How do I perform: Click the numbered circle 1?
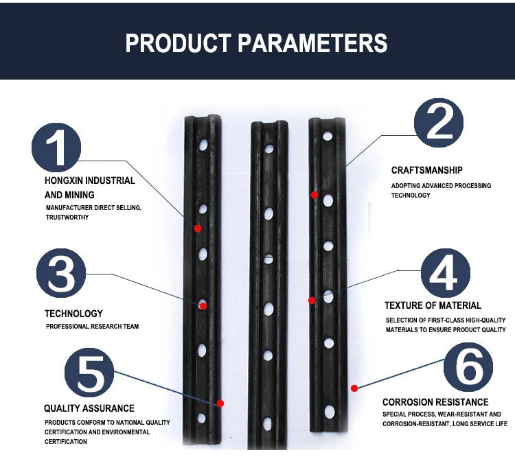point(57,148)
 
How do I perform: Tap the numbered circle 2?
point(438,122)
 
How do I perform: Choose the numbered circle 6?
point(468,367)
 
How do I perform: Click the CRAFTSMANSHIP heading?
point(426,170)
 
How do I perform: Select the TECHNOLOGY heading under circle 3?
point(73,314)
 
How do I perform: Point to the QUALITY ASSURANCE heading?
point(89,408)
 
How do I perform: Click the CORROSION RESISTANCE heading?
point(435,402)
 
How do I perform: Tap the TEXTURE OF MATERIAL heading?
point(433,305)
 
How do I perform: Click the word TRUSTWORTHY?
point(67,217)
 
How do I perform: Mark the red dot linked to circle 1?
point(198,228)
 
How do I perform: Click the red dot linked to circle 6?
point(354,388)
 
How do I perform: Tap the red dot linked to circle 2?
point(314,195)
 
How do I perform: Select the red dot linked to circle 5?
point(220,403)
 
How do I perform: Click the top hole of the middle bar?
point(270,148)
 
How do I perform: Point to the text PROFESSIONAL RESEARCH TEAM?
point(92,326)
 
